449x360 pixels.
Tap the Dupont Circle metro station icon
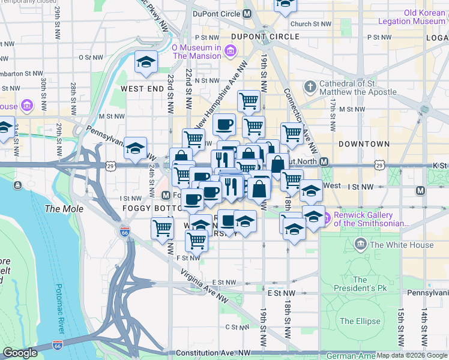(247, 13)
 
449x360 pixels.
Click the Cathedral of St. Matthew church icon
(310, 88)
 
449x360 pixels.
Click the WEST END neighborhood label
(142, 88)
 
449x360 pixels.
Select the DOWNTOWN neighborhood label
(364, 145)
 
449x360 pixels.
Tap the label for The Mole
(61, 209)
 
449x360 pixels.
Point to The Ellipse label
(360, 321)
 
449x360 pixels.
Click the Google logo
(20, 353)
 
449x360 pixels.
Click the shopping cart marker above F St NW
(197, 240)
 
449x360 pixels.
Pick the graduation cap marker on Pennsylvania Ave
(136, 148)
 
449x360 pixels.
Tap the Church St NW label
(310, 24)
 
